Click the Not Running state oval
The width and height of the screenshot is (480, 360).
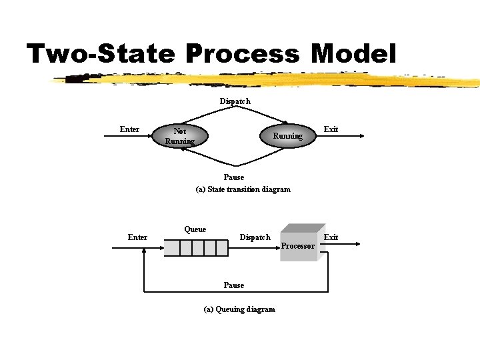[180, 136]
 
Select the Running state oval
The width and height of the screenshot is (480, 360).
[287, 136]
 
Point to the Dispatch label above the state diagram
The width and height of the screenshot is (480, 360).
[235, 101]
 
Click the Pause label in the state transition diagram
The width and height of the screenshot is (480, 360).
[234, 177]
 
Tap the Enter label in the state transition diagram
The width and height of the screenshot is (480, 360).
[129, 129]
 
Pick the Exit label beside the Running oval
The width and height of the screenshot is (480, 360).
[331, 129]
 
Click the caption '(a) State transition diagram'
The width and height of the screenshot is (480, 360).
[243, 189]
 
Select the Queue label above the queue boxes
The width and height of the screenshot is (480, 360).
[195, 229]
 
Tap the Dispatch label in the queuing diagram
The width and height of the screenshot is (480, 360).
[255, 237]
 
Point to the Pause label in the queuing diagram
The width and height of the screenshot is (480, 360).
[234, 285]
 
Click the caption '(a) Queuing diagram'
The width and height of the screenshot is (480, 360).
[239, 309]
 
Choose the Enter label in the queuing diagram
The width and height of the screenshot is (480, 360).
[137, 237]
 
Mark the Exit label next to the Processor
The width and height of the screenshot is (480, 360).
[331, 237]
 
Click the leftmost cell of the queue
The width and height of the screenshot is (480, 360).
[172, 248]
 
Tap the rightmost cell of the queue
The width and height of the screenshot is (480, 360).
[221, 248]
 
